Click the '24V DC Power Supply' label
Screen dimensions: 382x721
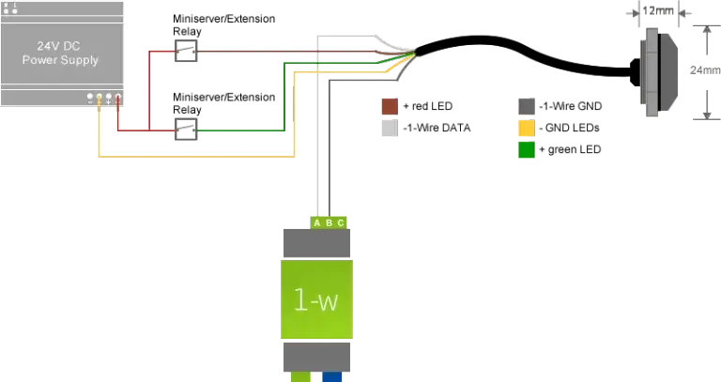point(60,53)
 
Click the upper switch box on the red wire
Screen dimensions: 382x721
point(188,51)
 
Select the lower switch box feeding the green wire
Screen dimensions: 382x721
point(188,126)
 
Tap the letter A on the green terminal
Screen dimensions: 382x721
point(317,222)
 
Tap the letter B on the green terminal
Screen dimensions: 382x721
point(329,222)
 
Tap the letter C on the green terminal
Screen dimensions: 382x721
point(340,222)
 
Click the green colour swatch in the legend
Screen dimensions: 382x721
point(528,151)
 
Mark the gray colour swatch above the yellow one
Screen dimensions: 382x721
point(528,107)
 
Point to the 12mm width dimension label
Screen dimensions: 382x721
point(663,11)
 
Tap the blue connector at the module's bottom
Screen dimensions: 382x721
point(333,376)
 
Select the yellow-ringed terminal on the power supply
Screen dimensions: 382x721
point(100,97)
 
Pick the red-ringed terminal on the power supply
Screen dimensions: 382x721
point(118,97)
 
